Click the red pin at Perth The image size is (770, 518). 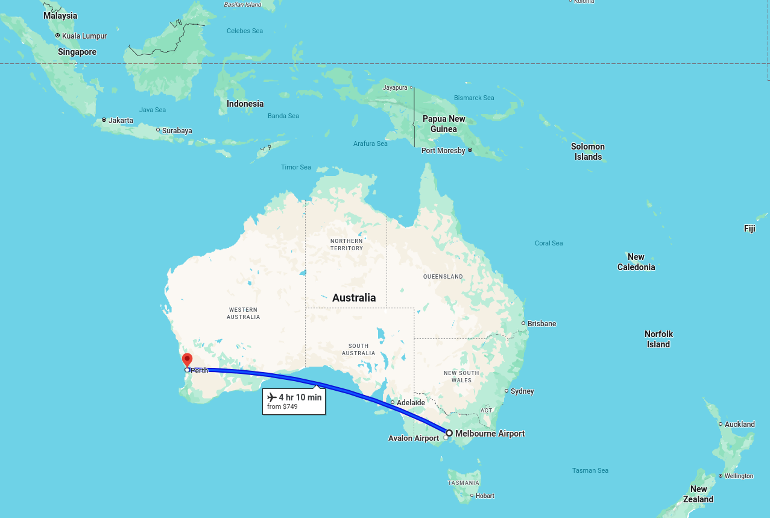point(187,360)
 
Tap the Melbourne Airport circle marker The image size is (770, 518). point(449,433)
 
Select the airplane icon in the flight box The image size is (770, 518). point(272,397)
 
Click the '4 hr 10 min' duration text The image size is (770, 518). point(300,397)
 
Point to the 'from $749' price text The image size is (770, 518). point(282,407)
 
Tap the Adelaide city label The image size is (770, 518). point(411,402)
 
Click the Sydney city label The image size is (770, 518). point(522,391)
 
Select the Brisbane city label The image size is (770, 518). point(541,324)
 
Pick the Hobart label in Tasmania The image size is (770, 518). point(485,496)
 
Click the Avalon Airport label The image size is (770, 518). point(414,438)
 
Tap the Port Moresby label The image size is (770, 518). point(443,151)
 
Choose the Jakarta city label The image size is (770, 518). point(121,121)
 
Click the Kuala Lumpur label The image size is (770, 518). point(84,36)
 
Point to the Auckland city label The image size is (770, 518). point(739,425)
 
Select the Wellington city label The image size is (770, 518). point(739,476)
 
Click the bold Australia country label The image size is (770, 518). point(354,298)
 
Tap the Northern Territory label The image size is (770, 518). point(347,244)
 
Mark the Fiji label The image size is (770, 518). point(749,229)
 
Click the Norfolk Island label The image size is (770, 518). point(658,339)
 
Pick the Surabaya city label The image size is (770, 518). point(177,131)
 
